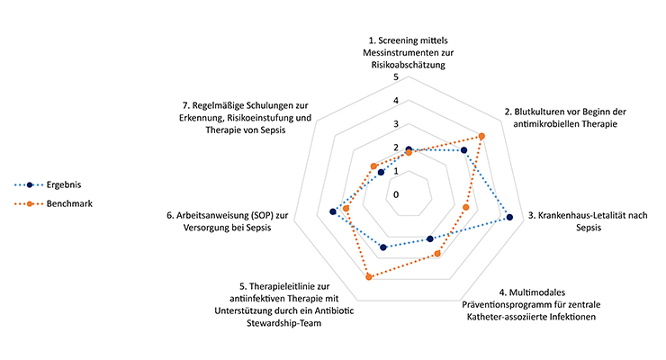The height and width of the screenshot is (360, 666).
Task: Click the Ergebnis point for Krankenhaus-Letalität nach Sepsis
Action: pyautogui.click(x=509, y=217)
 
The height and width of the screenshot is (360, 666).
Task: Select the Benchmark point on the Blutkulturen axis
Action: pyautogui.click(x=482, y=136)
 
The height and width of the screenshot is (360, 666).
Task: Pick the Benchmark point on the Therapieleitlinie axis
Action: pyautogui.click(x=369, y=276)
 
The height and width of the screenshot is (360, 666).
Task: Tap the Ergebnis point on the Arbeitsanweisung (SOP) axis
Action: pyautogui.click(x=333, y=212)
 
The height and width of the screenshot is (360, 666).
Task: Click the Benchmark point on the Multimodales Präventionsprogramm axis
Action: pyautogui.click(x=437, y=254)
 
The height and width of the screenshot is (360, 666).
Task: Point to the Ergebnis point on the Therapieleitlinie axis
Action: pyautogui.click(x=384, y=247)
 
